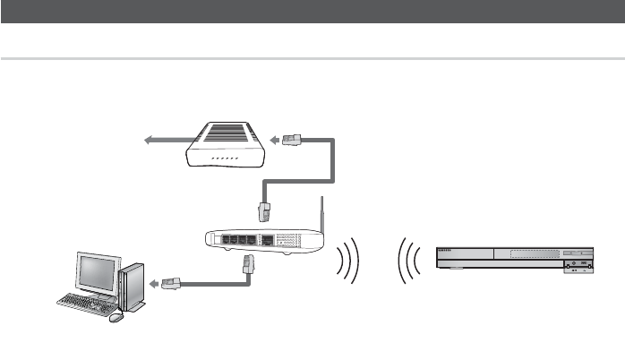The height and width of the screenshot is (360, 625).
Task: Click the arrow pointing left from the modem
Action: (165, 140)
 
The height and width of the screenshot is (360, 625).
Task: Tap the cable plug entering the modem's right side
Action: (292, 141)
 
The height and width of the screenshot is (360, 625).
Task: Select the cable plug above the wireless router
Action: (265, 210)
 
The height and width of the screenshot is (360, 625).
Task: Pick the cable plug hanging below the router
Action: (249, 264)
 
